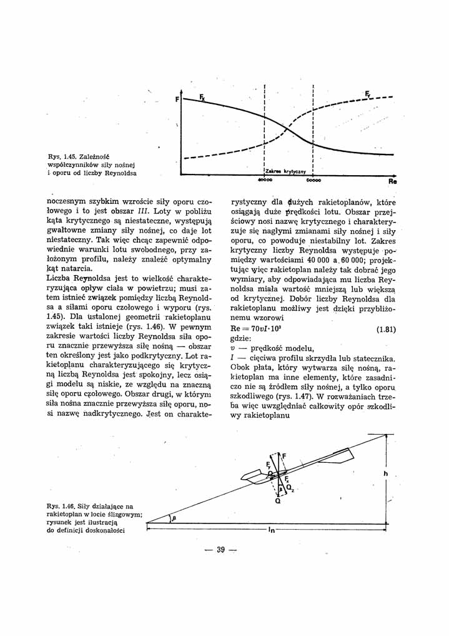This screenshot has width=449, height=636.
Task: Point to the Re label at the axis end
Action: click(x=392, y=183)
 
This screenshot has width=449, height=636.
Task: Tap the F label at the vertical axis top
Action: click(x=177, y=99)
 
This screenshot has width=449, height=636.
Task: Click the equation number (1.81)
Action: click(x=385, y=330)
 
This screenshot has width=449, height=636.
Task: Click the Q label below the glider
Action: click(x=277, y=500)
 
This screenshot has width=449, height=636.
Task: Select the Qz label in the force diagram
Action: click(x=291, y=487)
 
